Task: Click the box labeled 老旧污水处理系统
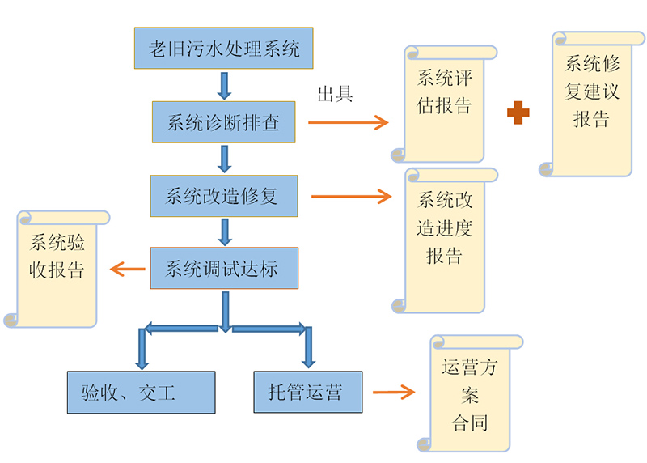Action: coord(224,49)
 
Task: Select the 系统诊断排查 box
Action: coord(223,122)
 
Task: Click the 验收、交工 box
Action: coord(140,393)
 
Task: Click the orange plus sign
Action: coord(518,113)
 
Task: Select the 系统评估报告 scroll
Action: coord(444,103)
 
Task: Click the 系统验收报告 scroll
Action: coord(57,267)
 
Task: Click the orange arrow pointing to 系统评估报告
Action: coord(347,122)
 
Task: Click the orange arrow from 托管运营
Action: coord(393,393)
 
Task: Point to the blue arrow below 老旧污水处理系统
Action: coord(224,84)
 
